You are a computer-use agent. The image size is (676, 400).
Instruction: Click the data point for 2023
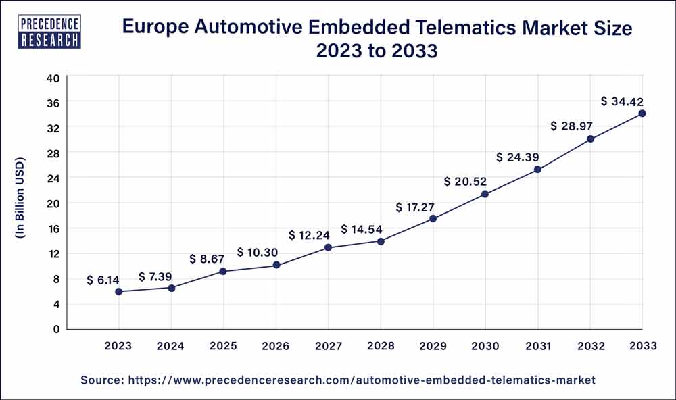click(x=118, y=292)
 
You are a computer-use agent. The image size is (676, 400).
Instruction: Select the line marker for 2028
click(x=381, y=241)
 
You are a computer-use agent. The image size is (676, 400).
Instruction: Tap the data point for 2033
click(x=642, y=114)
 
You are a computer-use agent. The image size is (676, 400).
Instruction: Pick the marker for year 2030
click(x=485, y=195)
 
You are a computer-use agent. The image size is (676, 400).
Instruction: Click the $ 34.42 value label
click(x=622, y=101)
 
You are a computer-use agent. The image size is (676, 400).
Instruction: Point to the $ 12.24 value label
click(x=310, y=235)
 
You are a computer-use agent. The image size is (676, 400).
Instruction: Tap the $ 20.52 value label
click(x=466, y=182)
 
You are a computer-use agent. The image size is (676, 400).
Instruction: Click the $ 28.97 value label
click(x=572, y=126)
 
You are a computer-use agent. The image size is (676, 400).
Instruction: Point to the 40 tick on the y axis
click(x=53, y=78)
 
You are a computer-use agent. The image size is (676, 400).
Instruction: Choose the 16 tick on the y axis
click(x=53, y=228)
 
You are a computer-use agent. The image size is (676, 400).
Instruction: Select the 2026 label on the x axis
click(x=276, y=346)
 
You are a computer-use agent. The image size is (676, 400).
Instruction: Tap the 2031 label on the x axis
click(x=537, y=346)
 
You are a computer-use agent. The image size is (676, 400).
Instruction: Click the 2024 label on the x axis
click(x=171, y=346)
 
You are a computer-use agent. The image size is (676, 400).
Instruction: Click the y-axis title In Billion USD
click(x=20, y=198)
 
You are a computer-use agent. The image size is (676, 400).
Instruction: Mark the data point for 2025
click(x=223, y=272)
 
